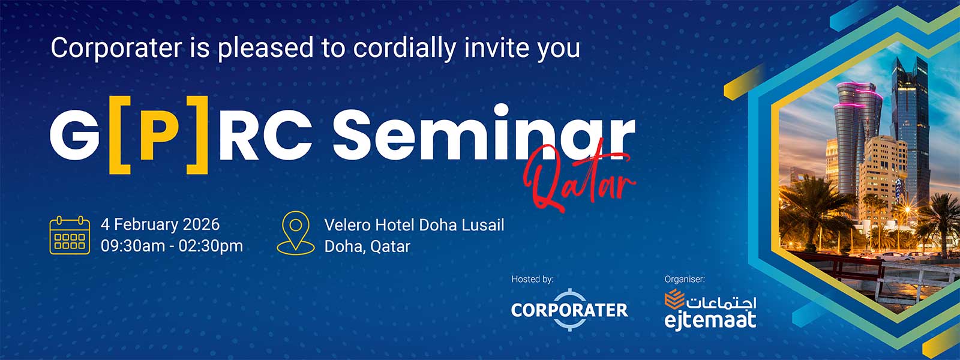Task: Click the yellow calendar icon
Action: tap(70, 235)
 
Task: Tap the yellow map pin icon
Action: tap(296, 233)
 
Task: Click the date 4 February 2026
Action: tap(160, 224)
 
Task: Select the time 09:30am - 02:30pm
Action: tap(172, 246)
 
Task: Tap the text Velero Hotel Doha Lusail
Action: tap(414, 225)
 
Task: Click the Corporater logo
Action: tap(569, 310)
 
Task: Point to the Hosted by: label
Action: tap(532, 279)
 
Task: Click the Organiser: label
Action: tap(685, 279)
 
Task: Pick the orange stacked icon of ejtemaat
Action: tap(674, 299)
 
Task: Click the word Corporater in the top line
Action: tap(116, 48)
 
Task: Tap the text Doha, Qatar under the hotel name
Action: tap(367, 247)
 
